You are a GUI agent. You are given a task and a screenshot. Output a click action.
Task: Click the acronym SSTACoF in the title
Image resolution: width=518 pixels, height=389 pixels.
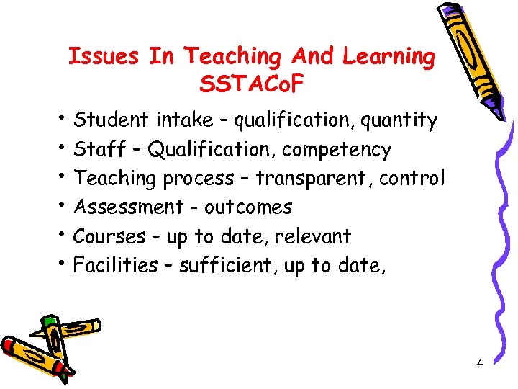click(x=252, y=85)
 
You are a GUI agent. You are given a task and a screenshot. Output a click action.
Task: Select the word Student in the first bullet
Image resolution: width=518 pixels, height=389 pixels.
click(x=108, y=120)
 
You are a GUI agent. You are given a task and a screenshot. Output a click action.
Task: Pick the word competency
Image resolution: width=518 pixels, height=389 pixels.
click(x=337, y=151)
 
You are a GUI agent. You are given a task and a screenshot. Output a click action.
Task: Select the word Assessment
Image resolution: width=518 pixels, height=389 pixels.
click(x=129, y=207)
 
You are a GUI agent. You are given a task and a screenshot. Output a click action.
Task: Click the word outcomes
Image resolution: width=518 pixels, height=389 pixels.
click(x=248, y=207)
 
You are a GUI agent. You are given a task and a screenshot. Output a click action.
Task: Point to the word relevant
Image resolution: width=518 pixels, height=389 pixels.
click(x=314, y=236)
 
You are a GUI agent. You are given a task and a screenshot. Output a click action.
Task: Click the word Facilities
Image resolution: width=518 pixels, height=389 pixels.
click(x=116, y=265)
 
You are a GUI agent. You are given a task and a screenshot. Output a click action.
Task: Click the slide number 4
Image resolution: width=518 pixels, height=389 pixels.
click(x=479, y=363)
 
